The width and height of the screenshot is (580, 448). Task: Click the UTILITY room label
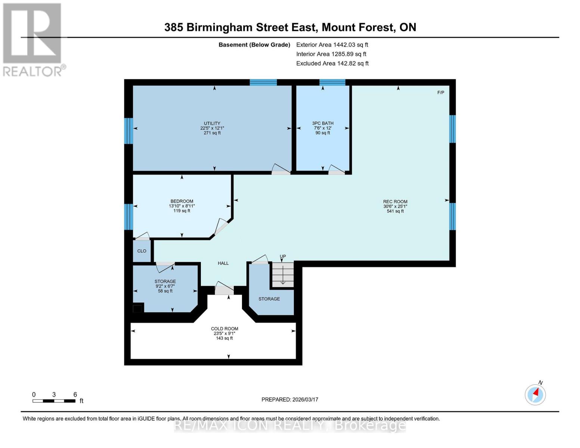point(212,123)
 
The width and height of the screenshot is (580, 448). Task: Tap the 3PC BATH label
point(323,123)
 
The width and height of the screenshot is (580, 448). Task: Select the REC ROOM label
point(395,202)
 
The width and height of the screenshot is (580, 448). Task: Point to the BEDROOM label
point(182,201)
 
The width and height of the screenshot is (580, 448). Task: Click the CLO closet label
point(142,251)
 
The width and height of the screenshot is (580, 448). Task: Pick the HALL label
point(223,263)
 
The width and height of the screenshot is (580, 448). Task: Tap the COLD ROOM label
point(224,329)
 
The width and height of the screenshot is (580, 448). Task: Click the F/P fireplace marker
point(441,93)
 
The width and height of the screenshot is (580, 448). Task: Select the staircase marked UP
point(283,274)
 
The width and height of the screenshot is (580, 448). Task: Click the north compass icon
point(535,394)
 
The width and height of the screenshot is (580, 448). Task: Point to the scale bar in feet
point(54,401)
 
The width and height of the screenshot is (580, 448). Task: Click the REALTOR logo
point(33,39)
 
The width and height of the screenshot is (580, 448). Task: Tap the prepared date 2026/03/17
point(290,399)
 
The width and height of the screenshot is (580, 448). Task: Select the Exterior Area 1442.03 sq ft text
point(332,44)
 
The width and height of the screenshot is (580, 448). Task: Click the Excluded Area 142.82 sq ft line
point(332,63)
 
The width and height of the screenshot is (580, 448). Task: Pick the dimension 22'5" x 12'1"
point(212,128)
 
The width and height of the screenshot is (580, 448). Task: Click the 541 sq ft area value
point(395,211)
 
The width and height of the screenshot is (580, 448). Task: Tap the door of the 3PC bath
point(336,170)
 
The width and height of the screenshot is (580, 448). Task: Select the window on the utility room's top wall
point(263,83)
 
